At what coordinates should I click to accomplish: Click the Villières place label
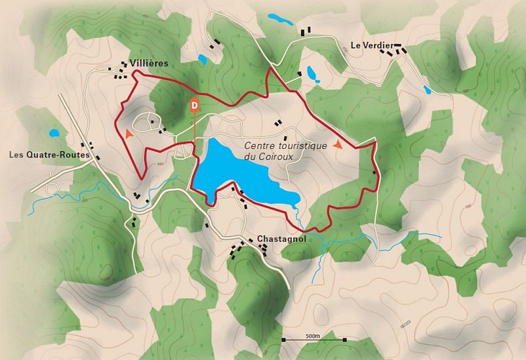(149, 63)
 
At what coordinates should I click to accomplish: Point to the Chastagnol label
(277, 238)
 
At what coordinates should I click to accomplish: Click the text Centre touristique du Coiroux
(285, 150)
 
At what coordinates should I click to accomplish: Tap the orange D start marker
(194, 104)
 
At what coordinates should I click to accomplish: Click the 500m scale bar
(313, 339)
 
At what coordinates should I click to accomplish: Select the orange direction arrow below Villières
(128, 133)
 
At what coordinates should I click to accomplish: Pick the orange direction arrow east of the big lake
(337, 145)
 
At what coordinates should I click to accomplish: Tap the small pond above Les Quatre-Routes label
(53, 133)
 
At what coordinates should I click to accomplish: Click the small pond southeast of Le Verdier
(427, 90)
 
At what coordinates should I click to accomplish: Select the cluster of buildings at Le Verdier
(398, 49)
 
